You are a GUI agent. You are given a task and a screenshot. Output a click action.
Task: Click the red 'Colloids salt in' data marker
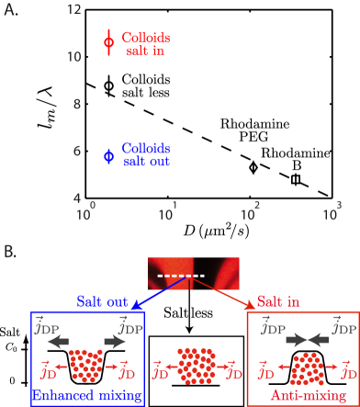(108, 40)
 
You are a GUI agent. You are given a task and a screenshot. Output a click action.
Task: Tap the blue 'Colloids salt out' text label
(146, 153)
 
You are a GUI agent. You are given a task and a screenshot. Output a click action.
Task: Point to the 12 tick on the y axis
(75, 10)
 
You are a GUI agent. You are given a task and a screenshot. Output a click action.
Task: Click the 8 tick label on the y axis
(79, 105)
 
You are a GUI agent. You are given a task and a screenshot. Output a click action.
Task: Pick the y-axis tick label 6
(79, 152)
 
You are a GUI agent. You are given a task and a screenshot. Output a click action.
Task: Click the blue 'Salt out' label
(101, 301)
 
